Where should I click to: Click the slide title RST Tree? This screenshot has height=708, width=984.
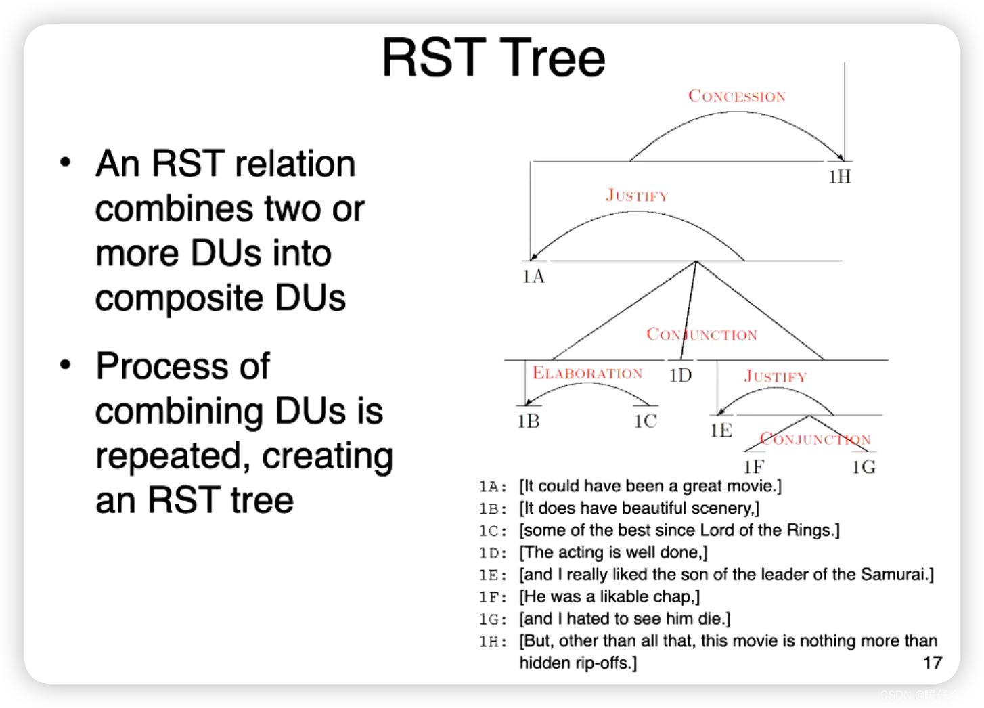(x=493, y=58)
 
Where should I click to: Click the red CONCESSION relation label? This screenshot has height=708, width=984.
(x=737, y=96)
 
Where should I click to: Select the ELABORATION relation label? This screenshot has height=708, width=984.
(x=587, y=373)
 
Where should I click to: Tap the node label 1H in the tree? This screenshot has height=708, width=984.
(x=840, y=177)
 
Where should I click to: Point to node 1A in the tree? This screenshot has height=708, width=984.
(x=533, y=276)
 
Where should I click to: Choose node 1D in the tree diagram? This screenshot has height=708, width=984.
(x=680, y=376)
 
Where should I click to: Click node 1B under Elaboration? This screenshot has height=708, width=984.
(x=529, y=421)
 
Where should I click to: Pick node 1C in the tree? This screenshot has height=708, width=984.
(x=646, y=421)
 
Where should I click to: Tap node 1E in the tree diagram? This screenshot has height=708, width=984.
(x=721, y=430)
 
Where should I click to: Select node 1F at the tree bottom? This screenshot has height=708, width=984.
(x=753, y=467)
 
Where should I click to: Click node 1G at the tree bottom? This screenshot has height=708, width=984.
(x=864, y=467)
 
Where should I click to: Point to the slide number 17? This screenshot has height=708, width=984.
(x=933, y=663)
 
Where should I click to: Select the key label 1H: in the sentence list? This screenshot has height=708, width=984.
(x=493, y=641)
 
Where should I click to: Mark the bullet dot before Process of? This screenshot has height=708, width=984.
(x=65, y=366)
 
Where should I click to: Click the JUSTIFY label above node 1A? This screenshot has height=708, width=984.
(x=637, y=196)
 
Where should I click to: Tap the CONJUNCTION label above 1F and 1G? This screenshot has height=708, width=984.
(x=815, y=439)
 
